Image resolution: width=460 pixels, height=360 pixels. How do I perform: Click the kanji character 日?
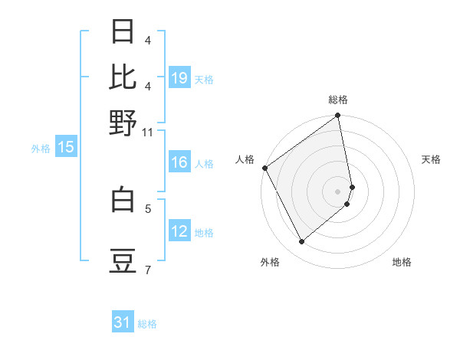click(123, 32)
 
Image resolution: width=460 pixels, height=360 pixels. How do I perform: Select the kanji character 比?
click(123, 77)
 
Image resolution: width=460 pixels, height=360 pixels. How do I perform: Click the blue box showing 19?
click(179, 77)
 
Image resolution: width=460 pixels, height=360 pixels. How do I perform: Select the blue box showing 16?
click(179, 162)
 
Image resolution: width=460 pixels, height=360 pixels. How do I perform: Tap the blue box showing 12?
click(179, 231)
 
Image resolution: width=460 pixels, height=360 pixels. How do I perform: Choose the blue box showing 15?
click(66, 148)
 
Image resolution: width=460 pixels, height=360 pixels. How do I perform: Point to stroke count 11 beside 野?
click(148, 132)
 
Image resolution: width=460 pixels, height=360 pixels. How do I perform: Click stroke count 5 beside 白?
click(148, 208)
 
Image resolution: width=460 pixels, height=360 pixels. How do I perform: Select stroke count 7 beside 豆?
click(148, 270)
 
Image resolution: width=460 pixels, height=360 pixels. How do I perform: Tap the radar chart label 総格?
click(338, 100)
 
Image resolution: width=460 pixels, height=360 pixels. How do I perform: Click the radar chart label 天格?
click(431, 159)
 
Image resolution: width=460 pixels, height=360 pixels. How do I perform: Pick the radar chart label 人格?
click(245, 159)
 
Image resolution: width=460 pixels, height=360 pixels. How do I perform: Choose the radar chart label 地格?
click(402, 262)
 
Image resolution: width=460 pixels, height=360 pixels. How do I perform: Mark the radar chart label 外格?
click(270, 262)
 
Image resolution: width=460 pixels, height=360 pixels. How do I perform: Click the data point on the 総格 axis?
click(338, 116)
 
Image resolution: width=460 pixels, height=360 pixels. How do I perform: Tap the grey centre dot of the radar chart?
click(338, 190)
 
